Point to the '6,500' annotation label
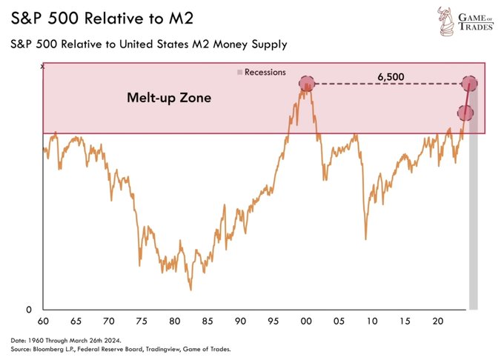388,76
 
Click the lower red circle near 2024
465,113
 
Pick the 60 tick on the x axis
44,323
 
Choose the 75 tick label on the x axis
141,323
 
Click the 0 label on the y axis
30,310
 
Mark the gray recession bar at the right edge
473,222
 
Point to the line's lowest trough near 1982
190,290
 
